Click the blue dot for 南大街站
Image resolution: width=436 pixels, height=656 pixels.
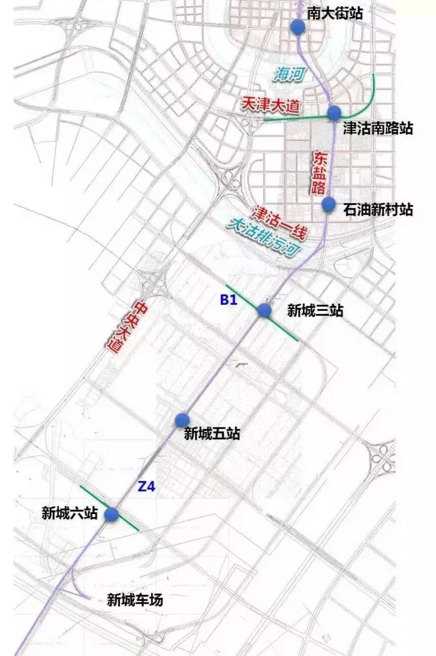pyautogui.click(x=298, y=27)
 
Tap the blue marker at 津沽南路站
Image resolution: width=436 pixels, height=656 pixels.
pyautogui.click(x=334, y=113)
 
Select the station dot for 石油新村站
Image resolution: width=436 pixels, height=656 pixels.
pyautogui.click(x=329, y=205)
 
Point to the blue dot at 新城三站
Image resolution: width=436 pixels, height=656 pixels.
pyautogui.click(x=264, y=310)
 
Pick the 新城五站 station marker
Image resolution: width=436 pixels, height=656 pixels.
pyautogui.click(x=182, y=420)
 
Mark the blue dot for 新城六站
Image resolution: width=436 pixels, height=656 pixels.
pyautogui.click(x=112, y=515)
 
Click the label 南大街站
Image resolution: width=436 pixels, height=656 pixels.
pyautogui.click(x=335, y=13)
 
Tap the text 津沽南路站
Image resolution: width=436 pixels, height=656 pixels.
pyautogui.click(x=378, y=128)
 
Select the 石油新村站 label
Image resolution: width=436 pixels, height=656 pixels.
pyautogui.click(x=378, y=209)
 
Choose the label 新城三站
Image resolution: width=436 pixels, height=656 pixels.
pyautogui.click(x=315, y=310)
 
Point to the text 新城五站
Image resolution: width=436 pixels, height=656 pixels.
pyautogui.click(x=211, y=434)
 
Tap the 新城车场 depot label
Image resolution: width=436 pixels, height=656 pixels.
pyautogui.click(x=135, y=601)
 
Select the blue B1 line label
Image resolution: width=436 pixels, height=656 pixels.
pyautogui.click(x=229, y=300)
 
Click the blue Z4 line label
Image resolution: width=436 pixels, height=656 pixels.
pyautogui.click(x=146, y=487)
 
